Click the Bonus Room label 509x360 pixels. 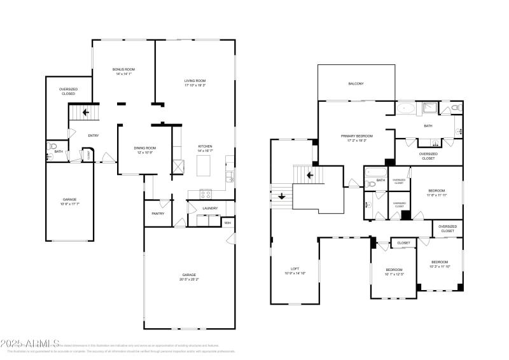pyautogui.click(x=123, y=69)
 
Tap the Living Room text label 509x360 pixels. pyautogui.click(x=195, y=81)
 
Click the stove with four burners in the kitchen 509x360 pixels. pyautogui.click(x=206, y=194)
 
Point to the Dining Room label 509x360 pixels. pyautogui.click(x=145, y=148)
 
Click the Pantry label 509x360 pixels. pyautogui.click(x=158, y=213)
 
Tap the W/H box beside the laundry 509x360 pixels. pyautogui.click(x=227, y=223)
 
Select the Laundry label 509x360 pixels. pyautogui.click(x=210, y=208)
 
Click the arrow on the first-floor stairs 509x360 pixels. pyautogui.click(x=86, y=113)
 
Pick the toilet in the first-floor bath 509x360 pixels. pyautogui.click(x=51, y=147)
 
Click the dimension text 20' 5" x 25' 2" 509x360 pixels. pyautogui.click(x=188, y=279)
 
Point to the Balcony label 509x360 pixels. pyautogui.click(x=356, y=83)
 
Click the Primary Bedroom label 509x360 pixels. pyautogui.click(x=356, y=135)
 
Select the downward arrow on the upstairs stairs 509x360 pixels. pyautogui.click(x=281, y=197)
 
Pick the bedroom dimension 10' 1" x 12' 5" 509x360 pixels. pyautogui.click(x=393, y=274)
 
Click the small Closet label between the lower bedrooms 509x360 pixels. pyautogui.click(x=403, y=242)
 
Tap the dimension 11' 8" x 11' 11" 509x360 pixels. pyautogui.click(x=436, y=195)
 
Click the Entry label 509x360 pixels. pyautogui.click(x=93, y=135)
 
